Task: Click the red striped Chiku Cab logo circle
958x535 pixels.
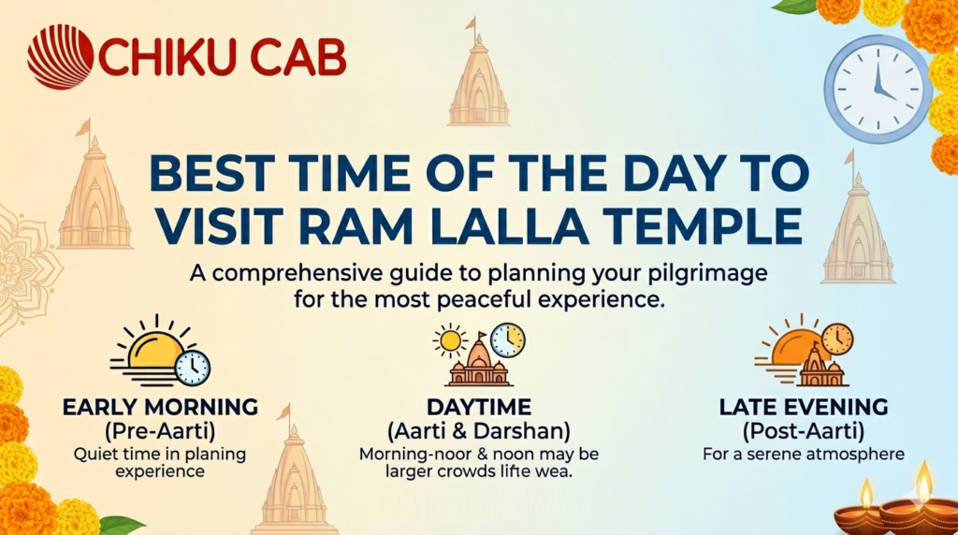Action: (x=60, y=57)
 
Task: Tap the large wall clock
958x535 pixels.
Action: (x=878, y=89)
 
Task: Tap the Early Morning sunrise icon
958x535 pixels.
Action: (x=159, y=354)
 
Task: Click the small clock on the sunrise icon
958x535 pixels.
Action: (x=193, y=367)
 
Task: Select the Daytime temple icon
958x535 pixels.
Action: (x=479, y=360)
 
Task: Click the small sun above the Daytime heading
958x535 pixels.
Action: (x=450, y=340)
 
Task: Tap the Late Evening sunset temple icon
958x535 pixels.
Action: (x=806, y=355)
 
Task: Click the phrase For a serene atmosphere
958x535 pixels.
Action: (x=804, y=455)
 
